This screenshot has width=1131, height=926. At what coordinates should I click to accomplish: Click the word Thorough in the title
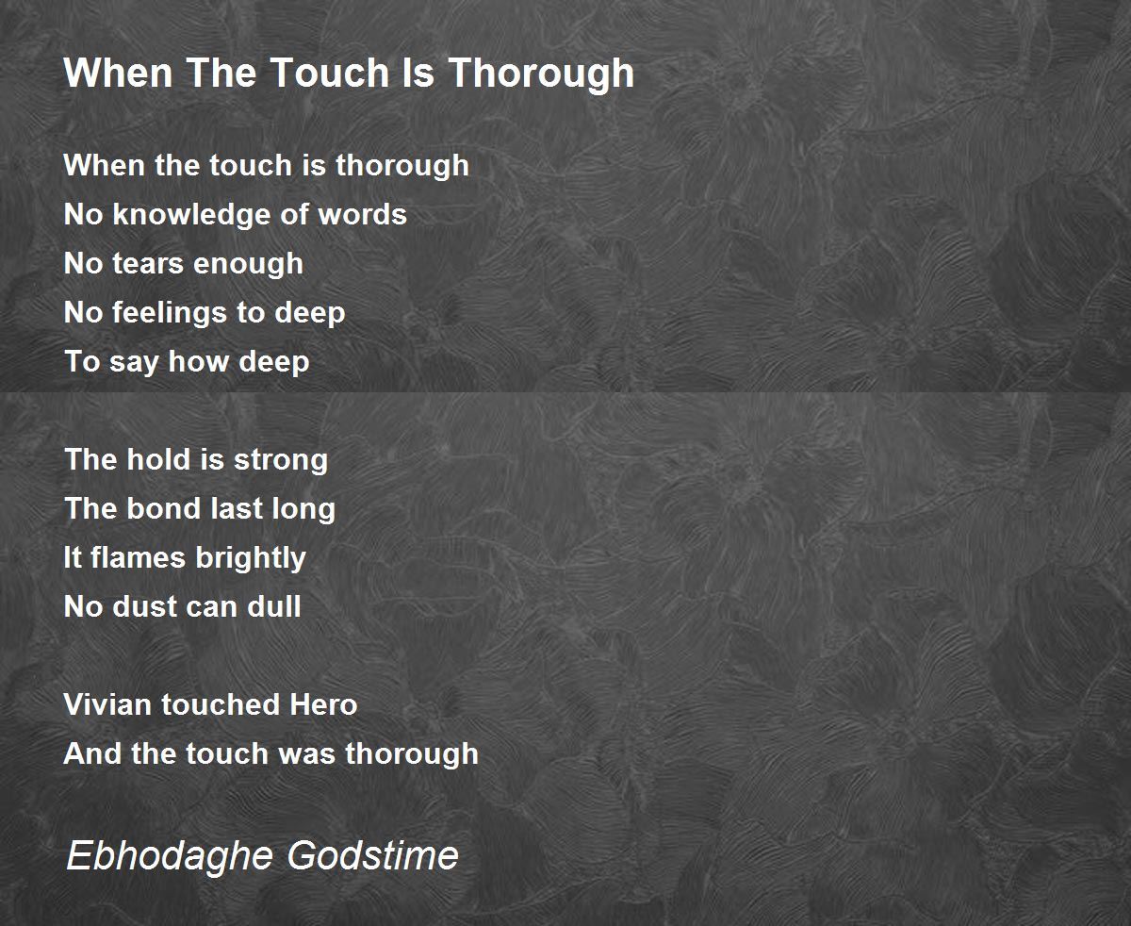[542, 74]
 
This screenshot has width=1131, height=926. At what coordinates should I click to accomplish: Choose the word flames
[138, 557]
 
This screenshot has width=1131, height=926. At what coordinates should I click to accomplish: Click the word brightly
[251, 559]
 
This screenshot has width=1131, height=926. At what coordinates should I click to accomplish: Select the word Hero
[323, 704]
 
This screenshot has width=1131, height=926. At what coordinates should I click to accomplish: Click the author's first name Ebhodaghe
[170, 856]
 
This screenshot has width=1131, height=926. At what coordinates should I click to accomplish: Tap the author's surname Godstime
[373, 855]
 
